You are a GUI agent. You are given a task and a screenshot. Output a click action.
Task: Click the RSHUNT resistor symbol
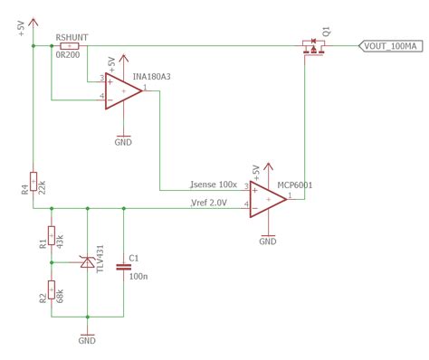(69, 46)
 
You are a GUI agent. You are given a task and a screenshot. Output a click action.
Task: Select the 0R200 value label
(69, 56)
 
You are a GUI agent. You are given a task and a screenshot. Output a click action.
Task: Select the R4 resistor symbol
(33, 183)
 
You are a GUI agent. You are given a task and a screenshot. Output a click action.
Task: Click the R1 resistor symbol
(52, 237)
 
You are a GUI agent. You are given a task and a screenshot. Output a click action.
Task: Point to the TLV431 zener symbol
(88, 261)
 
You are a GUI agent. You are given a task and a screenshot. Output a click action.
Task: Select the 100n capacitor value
(138, 276)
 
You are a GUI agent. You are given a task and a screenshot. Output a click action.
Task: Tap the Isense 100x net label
(214, 185)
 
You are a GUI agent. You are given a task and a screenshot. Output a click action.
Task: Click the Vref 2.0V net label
(209, 203)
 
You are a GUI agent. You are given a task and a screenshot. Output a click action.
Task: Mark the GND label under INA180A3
(124, 142)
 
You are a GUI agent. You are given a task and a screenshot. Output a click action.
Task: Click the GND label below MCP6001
(269, 242)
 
